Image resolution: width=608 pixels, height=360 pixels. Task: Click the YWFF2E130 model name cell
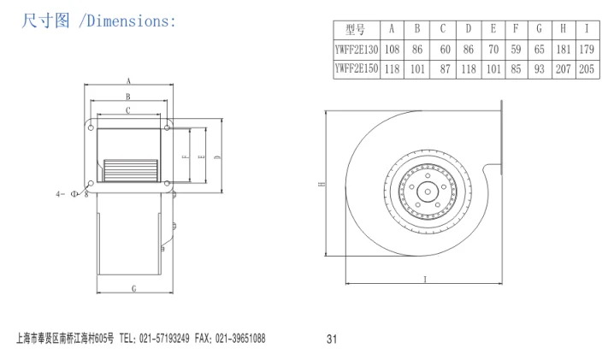[357, 50]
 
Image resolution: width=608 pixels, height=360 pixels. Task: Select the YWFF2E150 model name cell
[357, 69]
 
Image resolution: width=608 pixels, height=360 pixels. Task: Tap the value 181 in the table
[564, 50]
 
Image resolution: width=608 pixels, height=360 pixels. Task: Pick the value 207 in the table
[564, 69]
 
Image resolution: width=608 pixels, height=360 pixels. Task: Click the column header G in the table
[540, 29]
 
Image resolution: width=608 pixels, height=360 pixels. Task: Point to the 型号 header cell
[356, 29]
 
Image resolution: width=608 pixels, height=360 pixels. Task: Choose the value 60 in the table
[446, 50]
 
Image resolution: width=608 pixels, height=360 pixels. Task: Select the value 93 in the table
[540, 69]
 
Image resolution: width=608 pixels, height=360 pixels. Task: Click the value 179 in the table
[587, 50]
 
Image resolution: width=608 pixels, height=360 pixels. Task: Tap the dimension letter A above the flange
[129, 81]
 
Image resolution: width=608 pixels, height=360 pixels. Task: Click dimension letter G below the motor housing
[134, 289]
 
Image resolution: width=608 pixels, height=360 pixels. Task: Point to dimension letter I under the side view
[425, 280]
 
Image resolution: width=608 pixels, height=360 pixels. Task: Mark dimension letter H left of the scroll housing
[322, 184]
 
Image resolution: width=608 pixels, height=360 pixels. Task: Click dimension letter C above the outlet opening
[128, 110]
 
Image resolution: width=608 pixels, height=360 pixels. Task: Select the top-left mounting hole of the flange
[91, 127]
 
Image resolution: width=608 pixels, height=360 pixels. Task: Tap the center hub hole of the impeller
[428, 192]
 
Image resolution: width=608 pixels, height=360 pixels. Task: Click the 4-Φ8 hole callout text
[73, 193]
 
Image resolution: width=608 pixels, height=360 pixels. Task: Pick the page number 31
[332, 339]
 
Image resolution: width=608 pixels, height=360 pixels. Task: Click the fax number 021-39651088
[240, 339]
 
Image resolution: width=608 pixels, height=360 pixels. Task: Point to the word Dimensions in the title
[128, 21]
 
